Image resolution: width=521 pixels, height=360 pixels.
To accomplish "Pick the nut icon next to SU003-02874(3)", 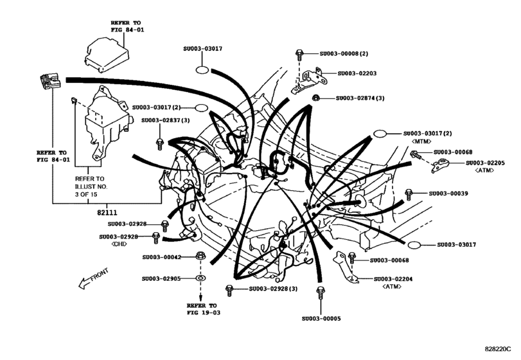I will click(317, 98).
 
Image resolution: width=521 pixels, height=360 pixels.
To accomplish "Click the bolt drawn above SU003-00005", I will click(319, 293).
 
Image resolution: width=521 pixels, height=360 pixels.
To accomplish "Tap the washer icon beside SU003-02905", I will click(200, 280).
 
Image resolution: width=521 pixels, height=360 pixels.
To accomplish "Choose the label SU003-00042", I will click(163, 257).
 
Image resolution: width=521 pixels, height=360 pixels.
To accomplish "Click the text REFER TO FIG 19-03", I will click(202, 309).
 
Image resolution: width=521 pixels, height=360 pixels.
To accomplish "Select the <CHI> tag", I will click(119, 244).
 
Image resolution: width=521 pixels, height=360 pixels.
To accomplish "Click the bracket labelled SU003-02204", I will click(346, 267).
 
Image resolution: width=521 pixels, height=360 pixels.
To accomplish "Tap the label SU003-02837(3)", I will click(166, 120).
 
